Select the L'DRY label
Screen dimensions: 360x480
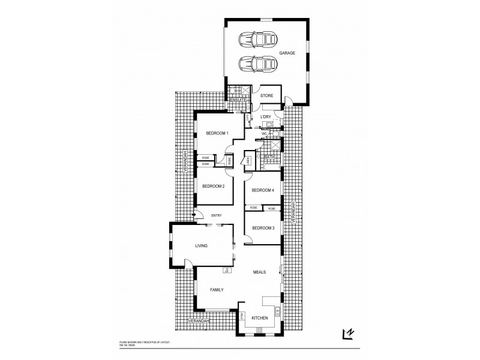[266, 116]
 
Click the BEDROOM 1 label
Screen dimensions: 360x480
[217, 133]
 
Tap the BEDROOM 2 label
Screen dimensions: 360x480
[213, 186]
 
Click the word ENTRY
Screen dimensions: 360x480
[217, 215]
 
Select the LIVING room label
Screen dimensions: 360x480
[201, 245]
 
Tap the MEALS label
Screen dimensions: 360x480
[259, 272]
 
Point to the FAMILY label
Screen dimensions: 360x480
[217, 290]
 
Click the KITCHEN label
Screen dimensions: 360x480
[259, 317]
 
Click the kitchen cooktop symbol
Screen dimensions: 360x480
[259, 331]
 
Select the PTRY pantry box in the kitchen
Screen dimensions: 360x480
[242, 316]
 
